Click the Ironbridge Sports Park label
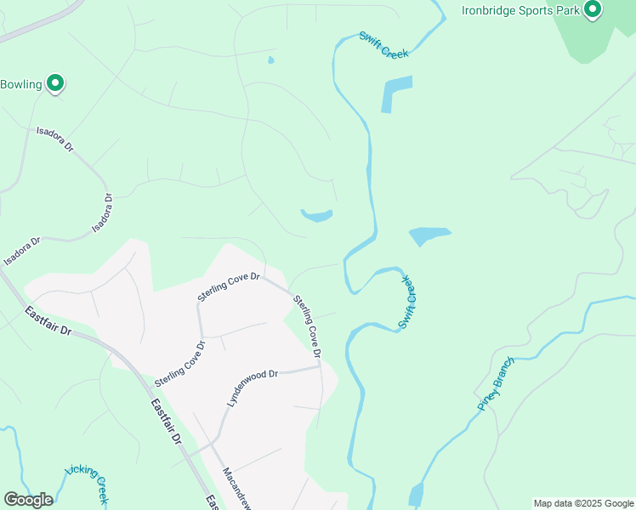520,10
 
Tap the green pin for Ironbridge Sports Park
592,10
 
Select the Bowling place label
21,84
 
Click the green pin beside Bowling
56,83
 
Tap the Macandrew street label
235,488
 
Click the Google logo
28,500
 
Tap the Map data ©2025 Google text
582,503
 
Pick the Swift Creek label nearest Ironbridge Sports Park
383,44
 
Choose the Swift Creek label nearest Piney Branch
408,301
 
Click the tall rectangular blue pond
397,93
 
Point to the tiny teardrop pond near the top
270,60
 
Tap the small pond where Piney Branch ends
416,494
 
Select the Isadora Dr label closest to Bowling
55,140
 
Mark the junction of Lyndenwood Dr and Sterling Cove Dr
319,368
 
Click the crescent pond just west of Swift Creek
317,216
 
